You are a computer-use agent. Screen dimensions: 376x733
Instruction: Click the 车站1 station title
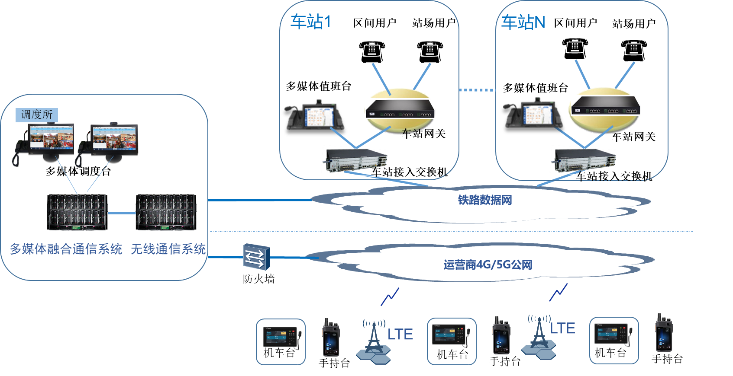click(310, 22)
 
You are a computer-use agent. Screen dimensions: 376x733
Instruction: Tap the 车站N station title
click(523, 22)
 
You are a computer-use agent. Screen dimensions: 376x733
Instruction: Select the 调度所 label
click(37, 115)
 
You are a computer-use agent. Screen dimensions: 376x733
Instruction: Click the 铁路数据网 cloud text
click(485, 200)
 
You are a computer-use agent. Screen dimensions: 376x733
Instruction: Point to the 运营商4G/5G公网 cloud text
click(488, 264)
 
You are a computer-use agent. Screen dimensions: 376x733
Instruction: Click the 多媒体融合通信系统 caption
click(66, 249)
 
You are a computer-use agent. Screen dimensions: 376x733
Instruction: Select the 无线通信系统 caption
click(168, 249)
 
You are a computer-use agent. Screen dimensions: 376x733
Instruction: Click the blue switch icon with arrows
click(256, 257)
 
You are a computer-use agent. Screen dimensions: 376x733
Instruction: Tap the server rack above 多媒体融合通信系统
click(77, 212)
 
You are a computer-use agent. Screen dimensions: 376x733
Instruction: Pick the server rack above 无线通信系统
click(166, 212)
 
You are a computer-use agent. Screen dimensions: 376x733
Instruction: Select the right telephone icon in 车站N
click(634, 50)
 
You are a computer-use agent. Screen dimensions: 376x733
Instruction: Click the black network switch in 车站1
click(400, 108)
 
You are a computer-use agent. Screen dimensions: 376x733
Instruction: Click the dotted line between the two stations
click(476, 90)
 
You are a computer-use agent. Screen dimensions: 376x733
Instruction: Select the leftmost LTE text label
click(400, 335)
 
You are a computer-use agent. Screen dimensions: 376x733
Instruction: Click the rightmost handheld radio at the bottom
click(663, 333)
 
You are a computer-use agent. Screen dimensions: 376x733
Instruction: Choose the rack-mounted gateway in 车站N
click(583, 161)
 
